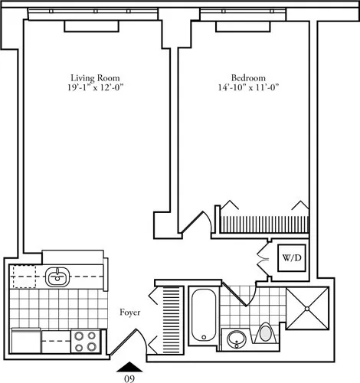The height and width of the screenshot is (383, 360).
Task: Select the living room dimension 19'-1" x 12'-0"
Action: point(94,88)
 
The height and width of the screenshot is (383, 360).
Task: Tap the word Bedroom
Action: point(248,77)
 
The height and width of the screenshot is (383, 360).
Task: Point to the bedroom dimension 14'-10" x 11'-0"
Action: point(248,88)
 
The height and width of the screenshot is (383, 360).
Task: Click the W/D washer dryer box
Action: point(290,258)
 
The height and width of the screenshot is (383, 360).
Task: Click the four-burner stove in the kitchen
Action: point(87,340)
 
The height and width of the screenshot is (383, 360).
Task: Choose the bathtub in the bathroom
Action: point(204,315)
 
